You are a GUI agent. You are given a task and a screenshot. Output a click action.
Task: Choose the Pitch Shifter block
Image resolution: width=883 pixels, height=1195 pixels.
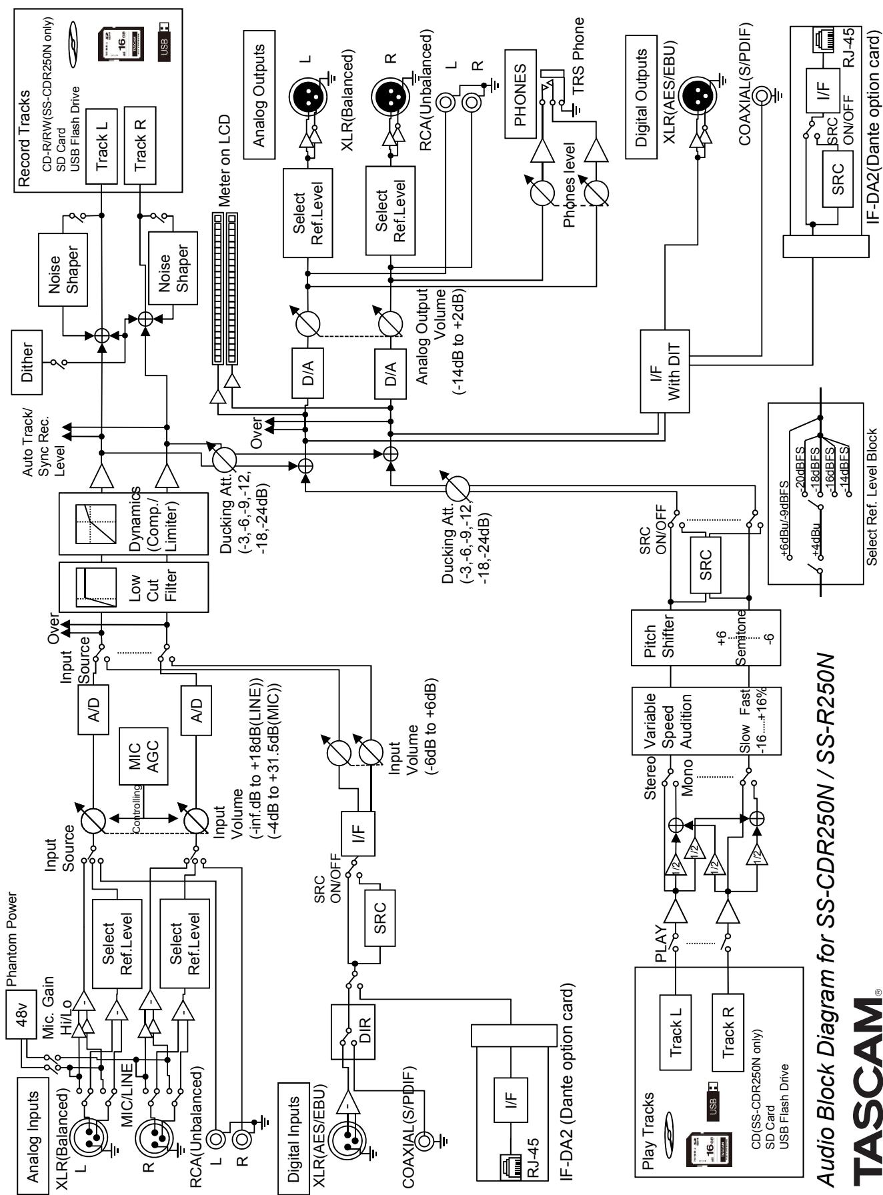pyautogui.click(x=706, y=637)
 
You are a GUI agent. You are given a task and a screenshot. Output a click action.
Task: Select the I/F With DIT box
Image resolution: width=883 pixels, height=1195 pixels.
pyautogui.click(x=666, y=371)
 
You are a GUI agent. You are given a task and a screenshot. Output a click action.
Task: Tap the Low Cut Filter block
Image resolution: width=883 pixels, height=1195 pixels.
pyautogui.click(x=133, y=586)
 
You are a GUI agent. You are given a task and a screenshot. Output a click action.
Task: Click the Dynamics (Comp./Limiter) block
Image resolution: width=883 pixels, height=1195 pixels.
pyautogui.click(x=133, y=523)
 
